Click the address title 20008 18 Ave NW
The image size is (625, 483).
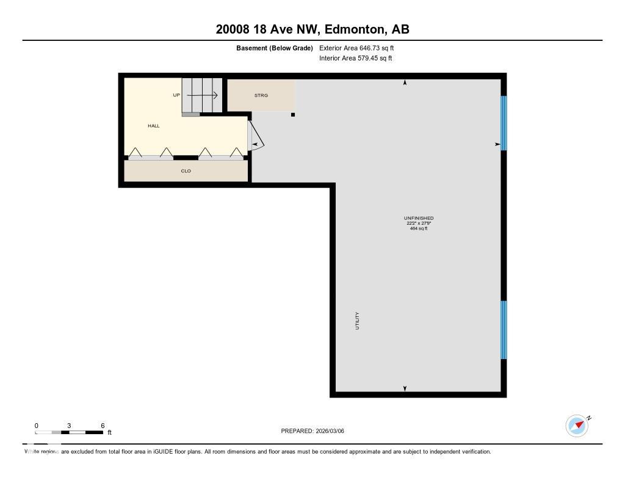pyautogui.click(x=312, y=29)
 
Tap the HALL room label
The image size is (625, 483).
pyautogui.click(x=153, y=126)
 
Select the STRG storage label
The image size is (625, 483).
pyautogui.click(x=261, y=95)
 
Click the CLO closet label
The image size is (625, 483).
pyautogui.click(x=186, y=171)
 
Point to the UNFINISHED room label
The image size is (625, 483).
pyautogui.click(x=419, y=218)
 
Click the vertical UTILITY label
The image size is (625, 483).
pyautogui.click(x=357, y=321)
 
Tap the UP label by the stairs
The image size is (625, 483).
pyautogui.click(x=176, y=95)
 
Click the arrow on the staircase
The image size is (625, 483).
pyautogui.click(x=203, y=95)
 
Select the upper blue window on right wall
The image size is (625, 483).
pyautogui.click(x=504, y=123)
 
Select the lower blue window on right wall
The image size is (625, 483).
pyautogui.click(x=504, y=330)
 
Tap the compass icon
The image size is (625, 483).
pyautogui.click(x=577, y=426)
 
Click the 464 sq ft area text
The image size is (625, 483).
pyautogui.click(x=419, y=228)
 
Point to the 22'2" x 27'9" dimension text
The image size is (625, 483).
pyautogui.click(x=419, y=223)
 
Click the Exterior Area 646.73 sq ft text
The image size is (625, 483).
pyautogui.click(x=361, y=48)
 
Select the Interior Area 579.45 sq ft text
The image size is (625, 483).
pyautogui.click(x=355, y=59)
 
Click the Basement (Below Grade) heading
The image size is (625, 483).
pyautogui.click(x=275, y=48)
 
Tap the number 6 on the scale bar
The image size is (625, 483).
pyautogui.click(x=103, y=426)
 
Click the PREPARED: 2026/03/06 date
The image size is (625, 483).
pyautogui.click(x=312, y=430)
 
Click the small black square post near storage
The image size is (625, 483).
pyautogui.click(x=293, y=114)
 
